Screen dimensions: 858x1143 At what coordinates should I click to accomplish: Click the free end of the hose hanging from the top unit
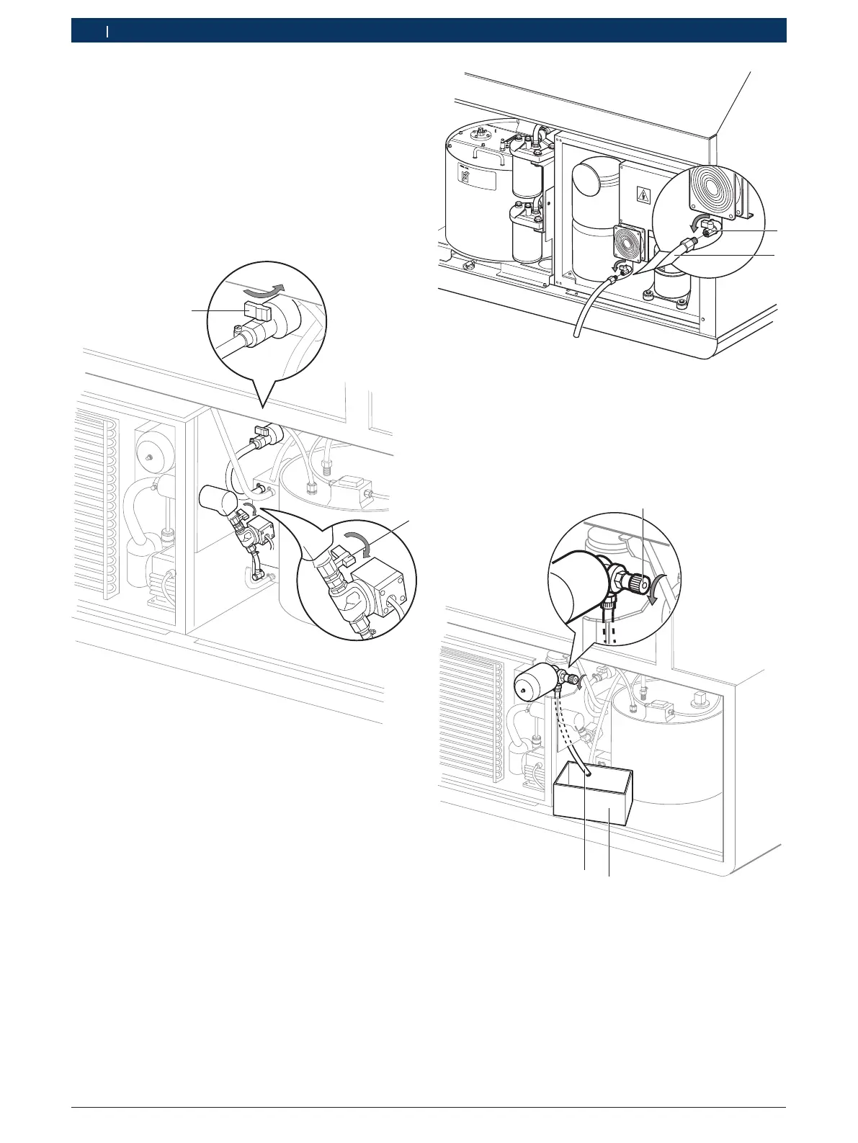click(x=575, y=333)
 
